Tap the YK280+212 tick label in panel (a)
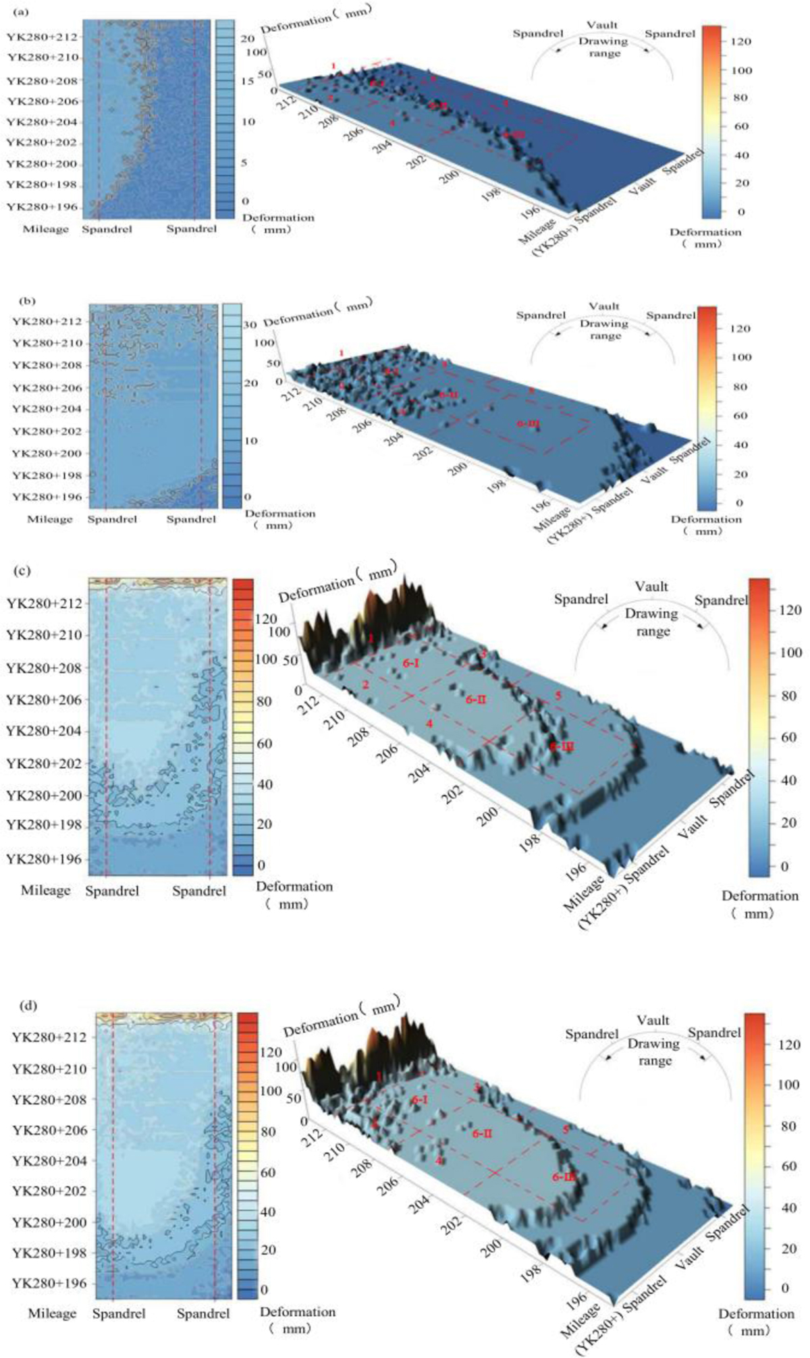pos(52,36)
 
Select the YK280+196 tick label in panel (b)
pos(47,497)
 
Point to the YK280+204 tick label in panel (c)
pos(44,731)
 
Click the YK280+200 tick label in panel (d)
pos(49,1222)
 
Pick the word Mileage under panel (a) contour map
pos(46,229)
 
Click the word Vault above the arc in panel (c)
pos(651,587)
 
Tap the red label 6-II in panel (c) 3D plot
pos(476,699)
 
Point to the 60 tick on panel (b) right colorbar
pos(741,415)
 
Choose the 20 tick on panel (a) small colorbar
pos(247,39)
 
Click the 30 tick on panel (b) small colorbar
pos(250,325)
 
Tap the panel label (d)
pos(29,1005)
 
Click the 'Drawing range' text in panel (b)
pos(605,329)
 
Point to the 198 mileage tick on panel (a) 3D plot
pos(491,192)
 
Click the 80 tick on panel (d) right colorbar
pos(789,1126)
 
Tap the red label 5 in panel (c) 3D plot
pos(558,695)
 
